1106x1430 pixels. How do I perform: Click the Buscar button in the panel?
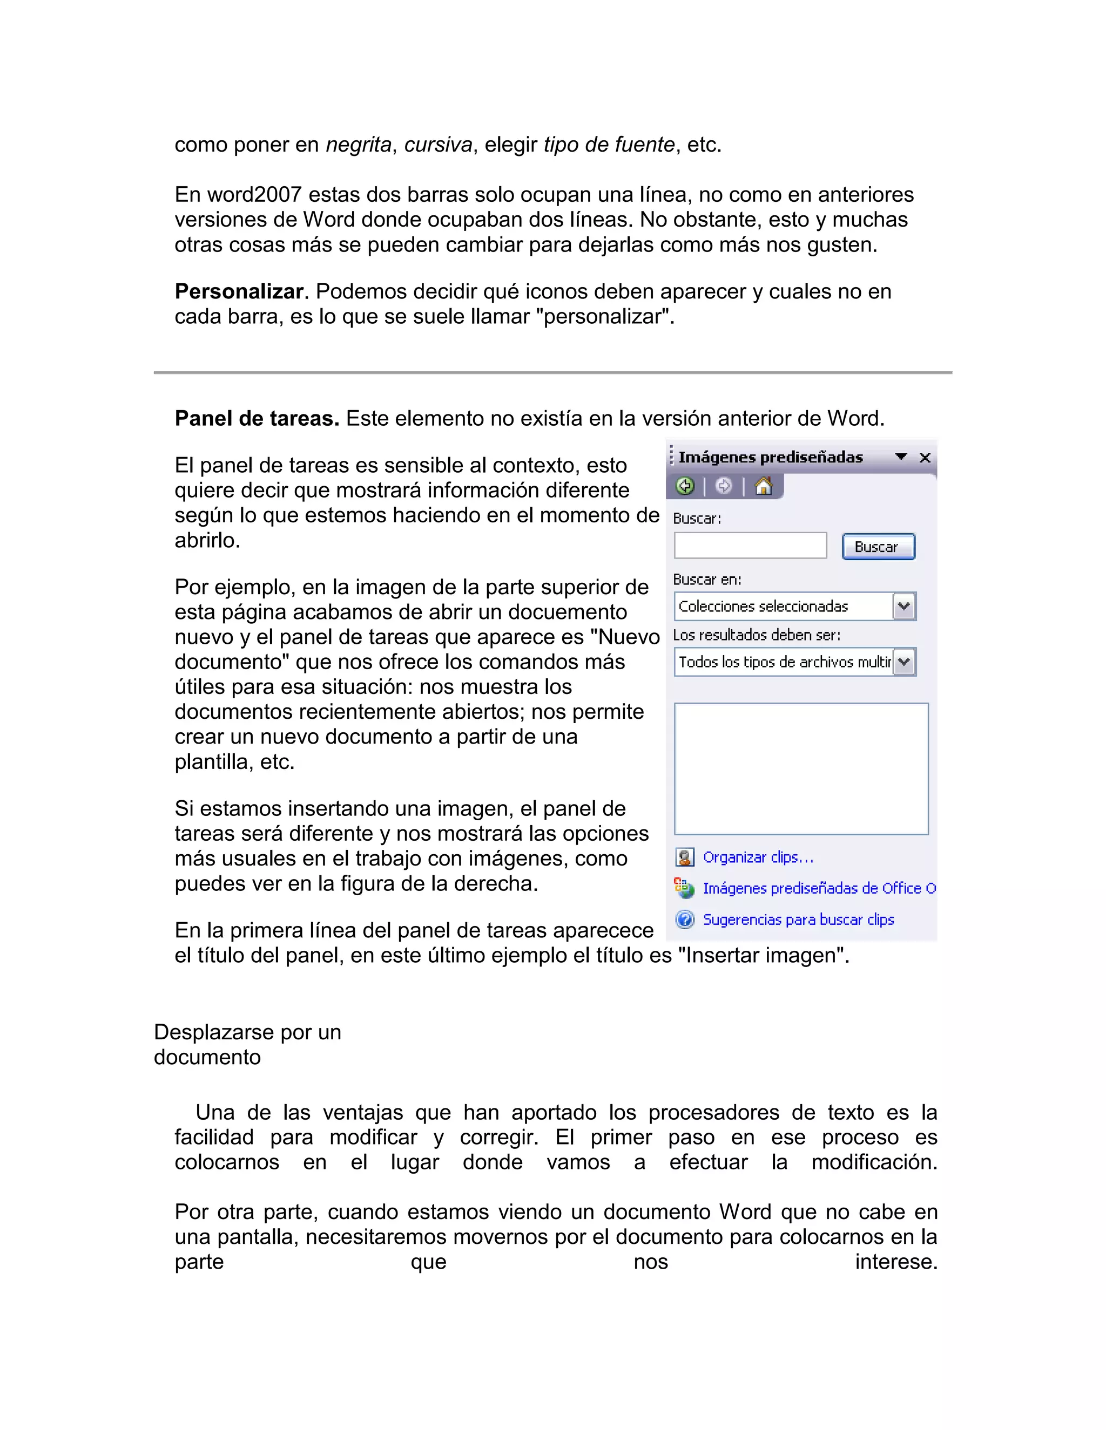[x=878, y=547]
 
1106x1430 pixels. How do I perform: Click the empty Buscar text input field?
[x=750, y=546]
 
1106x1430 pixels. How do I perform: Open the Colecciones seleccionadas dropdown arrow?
[x=904, y=607]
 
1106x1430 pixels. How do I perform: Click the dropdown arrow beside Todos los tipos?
[x=904, y=662]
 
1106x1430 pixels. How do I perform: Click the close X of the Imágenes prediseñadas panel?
[x=925, y=458]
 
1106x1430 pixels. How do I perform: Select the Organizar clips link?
[x=758, y=857]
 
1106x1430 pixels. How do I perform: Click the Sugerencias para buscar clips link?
[x=798, y=920]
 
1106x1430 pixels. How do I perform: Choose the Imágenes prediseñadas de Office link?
[x=818, y=889]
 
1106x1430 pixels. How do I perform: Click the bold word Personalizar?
[x=239, y=291]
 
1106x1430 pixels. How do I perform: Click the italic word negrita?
[x=359, y=145]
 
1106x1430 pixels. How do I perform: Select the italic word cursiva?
[x=437, y=145]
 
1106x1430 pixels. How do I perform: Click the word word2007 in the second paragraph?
[x=254, y=195]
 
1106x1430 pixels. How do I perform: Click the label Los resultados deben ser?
[x=756, y=635]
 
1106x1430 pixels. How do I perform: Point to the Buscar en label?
[x=707, y=580]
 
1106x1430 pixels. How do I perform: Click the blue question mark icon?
[x=685, y=920]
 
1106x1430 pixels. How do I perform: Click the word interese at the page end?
[x=896, y=1262]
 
